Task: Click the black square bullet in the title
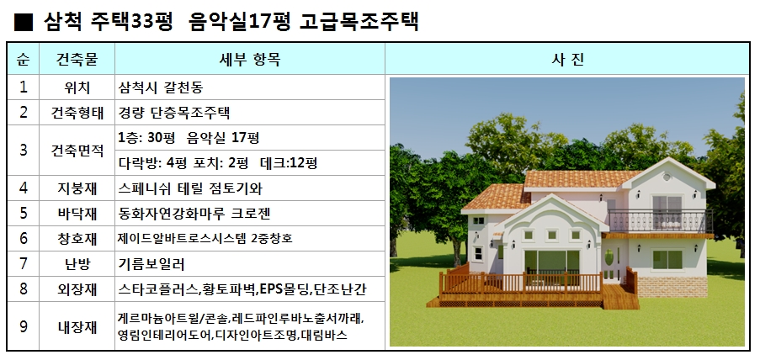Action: pyautogui.click(x=24, y=22)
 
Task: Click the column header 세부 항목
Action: pyautogui.click(x=250, y=59)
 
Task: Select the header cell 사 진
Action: pyautogui.click(x=567, y=59)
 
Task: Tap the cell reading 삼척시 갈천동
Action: pyautogui.click(x=161, y=87)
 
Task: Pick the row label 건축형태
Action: pyautogui.click(x=77, y=113)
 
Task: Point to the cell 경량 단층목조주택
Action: pyautogui.click(x=174, y=113)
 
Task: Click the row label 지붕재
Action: pyautogui.click(x=77, y=188)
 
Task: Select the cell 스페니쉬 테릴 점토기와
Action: pyautogui.click(x=190, y=188)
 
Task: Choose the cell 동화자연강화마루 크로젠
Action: pyautogui.click(x=194, y=214)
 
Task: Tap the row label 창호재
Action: pyautogui.click(x=77, y=239)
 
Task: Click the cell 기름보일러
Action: pyautogui.click(x=151, y=264)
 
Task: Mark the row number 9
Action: pyautogui.click(x=24, y=326)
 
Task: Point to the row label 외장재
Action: pyautogui.click(x=77, y=289)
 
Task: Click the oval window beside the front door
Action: pyautogui.click(x=609, y=257)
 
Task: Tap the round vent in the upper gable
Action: pyautogui.click(x=667, y=177)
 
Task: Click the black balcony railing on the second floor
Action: pyautogui.click(x=660, y=221)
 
